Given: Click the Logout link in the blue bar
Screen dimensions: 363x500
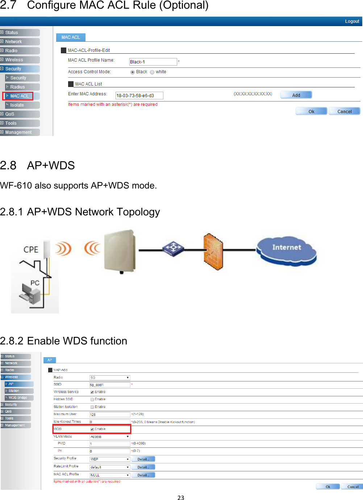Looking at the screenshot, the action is coord(352,21).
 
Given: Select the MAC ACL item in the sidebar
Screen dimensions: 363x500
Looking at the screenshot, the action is coord(19,96).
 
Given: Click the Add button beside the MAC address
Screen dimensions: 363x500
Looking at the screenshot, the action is coord(296,95).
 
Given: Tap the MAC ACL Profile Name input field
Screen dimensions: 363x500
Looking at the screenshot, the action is coord(153,62).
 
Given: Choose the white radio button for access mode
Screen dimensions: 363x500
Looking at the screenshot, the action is coord(152,72).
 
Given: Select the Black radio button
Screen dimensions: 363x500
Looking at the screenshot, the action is coord(133,72).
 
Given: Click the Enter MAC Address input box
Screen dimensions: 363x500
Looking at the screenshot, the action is coord(139,96).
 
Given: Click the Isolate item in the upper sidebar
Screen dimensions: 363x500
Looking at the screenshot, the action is coord(17,105).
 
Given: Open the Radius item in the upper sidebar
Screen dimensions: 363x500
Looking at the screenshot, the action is coord(17,87).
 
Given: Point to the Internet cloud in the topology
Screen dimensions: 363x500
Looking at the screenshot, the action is coord(286,249).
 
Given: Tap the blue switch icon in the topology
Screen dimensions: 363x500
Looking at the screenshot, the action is coord(173,249).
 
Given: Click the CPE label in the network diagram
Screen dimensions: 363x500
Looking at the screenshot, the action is coord(31,249).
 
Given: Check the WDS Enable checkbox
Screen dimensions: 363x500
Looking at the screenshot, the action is coord(92,429).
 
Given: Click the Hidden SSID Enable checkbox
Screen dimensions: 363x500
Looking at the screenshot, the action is coord(92,400).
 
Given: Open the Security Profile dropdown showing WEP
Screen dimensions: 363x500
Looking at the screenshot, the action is coord(109,459).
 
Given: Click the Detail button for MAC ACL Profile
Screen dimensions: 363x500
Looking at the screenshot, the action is coord(143,475).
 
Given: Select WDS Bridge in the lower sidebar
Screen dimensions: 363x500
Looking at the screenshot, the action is coord(18,398).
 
